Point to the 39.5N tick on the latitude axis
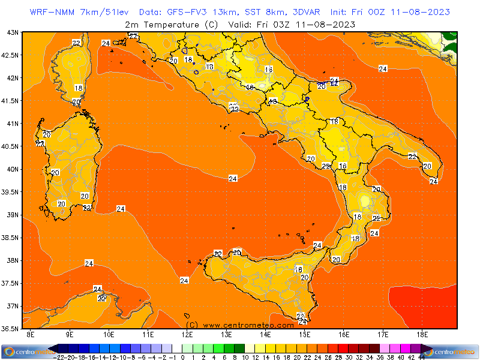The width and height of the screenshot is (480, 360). coord(11,191)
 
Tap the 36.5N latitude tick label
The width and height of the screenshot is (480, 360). coord(11,328)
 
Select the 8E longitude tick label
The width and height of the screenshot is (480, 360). coord(30,334)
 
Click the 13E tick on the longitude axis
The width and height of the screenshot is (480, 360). coord(227,334)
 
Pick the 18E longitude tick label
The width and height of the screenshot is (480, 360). coord(422,334)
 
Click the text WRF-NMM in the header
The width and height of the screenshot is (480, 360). coord(52,12)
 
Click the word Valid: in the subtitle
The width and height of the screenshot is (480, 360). coord(241,25)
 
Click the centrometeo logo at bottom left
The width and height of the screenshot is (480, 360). coord(25,351)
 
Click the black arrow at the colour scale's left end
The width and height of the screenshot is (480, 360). coord(54,348)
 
